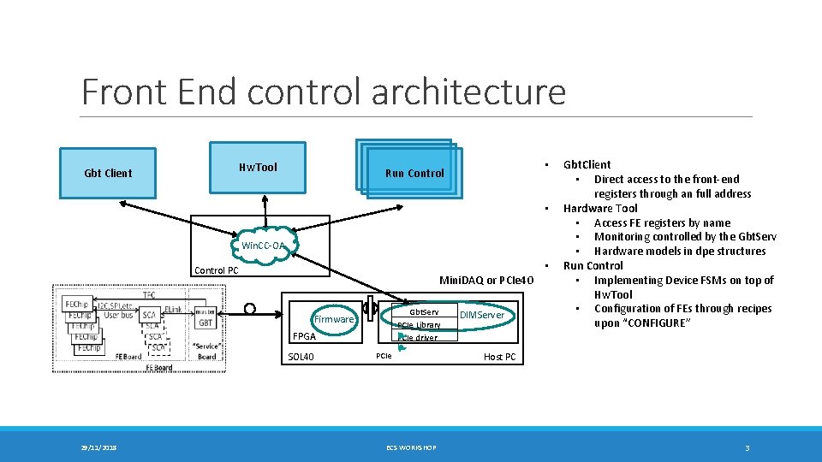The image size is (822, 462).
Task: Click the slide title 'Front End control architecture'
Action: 324,92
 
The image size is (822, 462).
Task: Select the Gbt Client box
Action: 108,173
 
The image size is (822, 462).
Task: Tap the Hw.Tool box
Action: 258,168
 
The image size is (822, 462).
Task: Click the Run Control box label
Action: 414,173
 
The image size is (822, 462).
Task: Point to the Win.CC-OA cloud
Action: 263,246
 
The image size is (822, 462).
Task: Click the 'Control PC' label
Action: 217,270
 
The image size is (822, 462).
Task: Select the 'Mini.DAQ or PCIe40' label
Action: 485,281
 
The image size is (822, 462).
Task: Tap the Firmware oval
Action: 333,319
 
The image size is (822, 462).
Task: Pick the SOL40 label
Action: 302,357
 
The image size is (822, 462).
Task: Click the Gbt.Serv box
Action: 423,312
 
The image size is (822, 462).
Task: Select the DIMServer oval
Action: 482,316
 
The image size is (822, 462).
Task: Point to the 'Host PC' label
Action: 499,357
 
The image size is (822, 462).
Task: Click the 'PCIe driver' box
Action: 418,338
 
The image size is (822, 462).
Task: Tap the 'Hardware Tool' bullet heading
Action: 599,208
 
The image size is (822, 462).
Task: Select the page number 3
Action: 747,447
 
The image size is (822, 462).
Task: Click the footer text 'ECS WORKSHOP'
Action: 410,447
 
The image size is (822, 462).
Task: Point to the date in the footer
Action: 99,447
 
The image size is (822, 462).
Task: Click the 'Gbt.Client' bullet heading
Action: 587,164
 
